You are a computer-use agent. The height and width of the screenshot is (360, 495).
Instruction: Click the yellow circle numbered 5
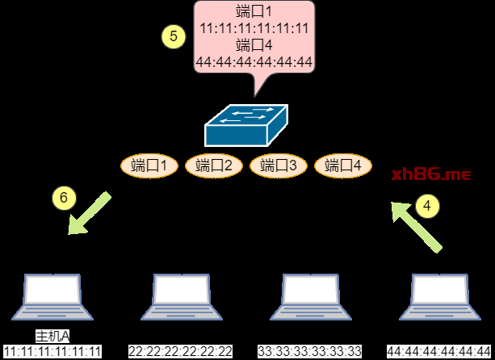point(174,36)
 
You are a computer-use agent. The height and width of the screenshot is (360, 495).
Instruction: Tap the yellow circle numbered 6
point(64,198)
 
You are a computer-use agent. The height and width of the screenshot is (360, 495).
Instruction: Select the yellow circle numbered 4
point(427,206)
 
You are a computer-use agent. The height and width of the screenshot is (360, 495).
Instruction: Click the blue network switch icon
point(246,125)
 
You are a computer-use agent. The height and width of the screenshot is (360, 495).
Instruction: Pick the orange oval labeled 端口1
point(149,165)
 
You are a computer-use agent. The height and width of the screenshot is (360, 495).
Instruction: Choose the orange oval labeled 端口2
point(214,165)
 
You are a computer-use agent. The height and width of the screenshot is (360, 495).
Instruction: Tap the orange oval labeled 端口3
point(279,165)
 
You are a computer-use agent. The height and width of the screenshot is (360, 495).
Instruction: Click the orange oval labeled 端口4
point(343,165)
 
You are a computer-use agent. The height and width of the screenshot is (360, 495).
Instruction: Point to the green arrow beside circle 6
point(90,213)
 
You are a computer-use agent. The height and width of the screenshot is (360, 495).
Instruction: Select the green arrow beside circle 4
point(416,227)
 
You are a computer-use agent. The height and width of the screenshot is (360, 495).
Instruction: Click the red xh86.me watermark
point(431,174)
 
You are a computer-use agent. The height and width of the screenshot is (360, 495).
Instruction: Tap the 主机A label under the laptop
point(52,337)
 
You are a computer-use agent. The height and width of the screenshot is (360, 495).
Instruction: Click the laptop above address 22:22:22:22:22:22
point(182,297)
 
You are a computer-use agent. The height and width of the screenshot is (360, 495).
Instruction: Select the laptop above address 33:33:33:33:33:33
point(311,297)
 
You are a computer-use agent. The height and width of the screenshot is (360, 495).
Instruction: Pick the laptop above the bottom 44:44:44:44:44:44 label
point(440,297)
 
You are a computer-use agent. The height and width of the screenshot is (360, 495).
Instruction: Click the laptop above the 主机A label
point(52,297)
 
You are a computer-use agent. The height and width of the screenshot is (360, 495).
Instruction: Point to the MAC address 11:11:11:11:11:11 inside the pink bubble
point(254,28)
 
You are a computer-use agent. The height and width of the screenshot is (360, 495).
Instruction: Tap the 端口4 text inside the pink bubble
point(254,45)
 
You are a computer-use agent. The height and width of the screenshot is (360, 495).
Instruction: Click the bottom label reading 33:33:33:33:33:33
point(310,351)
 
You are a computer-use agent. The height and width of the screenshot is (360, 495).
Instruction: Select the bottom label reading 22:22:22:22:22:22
point(181,351)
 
